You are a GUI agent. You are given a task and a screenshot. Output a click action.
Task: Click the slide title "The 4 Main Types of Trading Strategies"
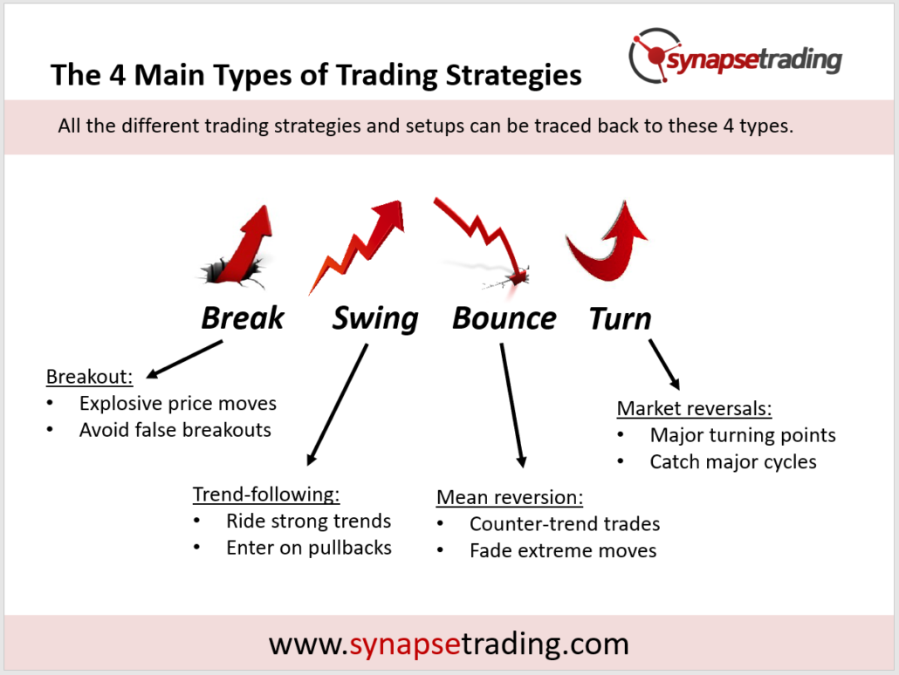(x=316, y=75)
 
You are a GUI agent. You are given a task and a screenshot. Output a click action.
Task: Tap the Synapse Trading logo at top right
(x=736, y=56)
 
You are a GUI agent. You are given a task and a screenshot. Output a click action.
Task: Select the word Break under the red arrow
(x=243, y=318)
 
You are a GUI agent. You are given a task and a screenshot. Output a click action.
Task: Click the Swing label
(x=375, y=319)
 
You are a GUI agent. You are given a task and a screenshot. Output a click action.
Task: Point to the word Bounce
(x=504, y=318)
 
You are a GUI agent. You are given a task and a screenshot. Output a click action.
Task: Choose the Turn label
(x=621, y=318)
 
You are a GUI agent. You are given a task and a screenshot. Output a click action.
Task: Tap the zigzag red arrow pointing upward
(x=357, y=247)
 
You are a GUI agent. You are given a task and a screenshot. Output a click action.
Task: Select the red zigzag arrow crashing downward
(x=482, y=242)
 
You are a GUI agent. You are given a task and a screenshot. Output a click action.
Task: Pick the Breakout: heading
(x=89, y=377)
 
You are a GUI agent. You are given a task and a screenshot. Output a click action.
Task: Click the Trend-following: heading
(x=266, y=494)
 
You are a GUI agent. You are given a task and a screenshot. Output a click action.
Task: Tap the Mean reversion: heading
(x=510, y=497)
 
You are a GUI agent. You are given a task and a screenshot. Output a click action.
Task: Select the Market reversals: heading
(x=694, y=408)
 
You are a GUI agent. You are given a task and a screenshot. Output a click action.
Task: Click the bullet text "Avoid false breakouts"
(x=175, y=430)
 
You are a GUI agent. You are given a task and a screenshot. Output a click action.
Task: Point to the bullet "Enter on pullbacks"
(x=308, y=548)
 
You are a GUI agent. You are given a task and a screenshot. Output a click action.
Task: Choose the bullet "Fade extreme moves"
(x=563, y=550)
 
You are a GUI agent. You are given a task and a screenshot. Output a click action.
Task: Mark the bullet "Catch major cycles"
(x=733, y=462)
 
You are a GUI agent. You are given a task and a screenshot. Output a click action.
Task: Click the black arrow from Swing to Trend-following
(x=337, y=405)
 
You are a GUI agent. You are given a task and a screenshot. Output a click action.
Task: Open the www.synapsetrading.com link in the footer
(x=449, y=644)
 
